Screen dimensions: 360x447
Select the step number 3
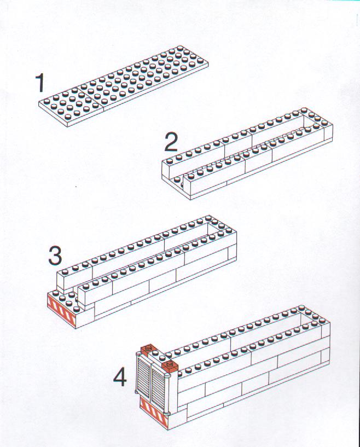55,255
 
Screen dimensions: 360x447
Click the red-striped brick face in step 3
62,311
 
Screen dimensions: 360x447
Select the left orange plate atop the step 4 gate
148,349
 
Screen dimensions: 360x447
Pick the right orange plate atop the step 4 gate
170,365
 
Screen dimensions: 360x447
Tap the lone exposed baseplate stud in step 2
177,180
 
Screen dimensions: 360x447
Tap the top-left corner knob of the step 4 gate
139,355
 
